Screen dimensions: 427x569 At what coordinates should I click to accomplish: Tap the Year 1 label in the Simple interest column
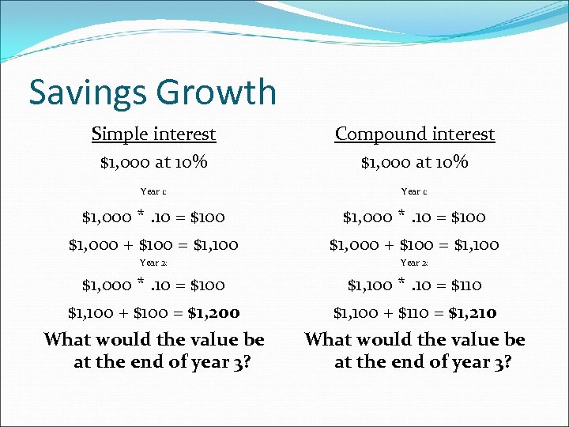click(153, 191)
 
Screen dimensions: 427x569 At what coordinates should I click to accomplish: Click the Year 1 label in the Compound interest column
click(414, 191)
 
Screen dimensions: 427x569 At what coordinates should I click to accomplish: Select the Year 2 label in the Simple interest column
click(153, 263)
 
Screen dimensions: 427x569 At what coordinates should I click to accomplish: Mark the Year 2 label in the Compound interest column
click(414, 263)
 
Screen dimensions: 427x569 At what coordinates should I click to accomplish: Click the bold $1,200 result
click(214, 313)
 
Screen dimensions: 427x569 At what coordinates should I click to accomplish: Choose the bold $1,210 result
click(473, 313)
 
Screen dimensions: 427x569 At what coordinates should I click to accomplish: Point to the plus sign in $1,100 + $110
click(387, 313)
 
